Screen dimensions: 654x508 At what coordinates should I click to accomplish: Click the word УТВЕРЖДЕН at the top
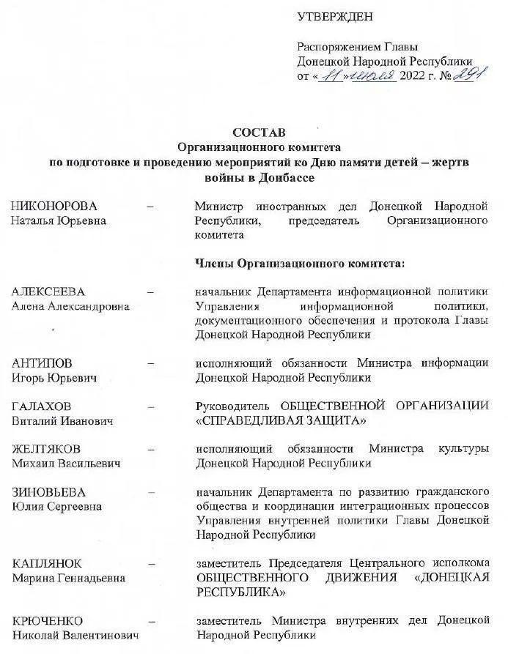coord(335,16)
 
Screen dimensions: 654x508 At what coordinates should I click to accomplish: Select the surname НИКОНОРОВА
coord(54,206)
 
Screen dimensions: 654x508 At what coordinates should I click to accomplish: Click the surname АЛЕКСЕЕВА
coord(48,291)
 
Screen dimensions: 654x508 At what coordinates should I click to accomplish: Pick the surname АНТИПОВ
coord(42,363)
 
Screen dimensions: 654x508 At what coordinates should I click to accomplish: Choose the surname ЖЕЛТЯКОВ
coord(46,449)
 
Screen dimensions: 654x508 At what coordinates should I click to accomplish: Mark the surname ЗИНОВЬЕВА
coord(48,491)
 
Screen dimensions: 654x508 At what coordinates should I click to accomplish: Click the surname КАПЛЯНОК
coord(46,563)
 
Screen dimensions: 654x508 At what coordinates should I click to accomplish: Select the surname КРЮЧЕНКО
coord(48,620)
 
